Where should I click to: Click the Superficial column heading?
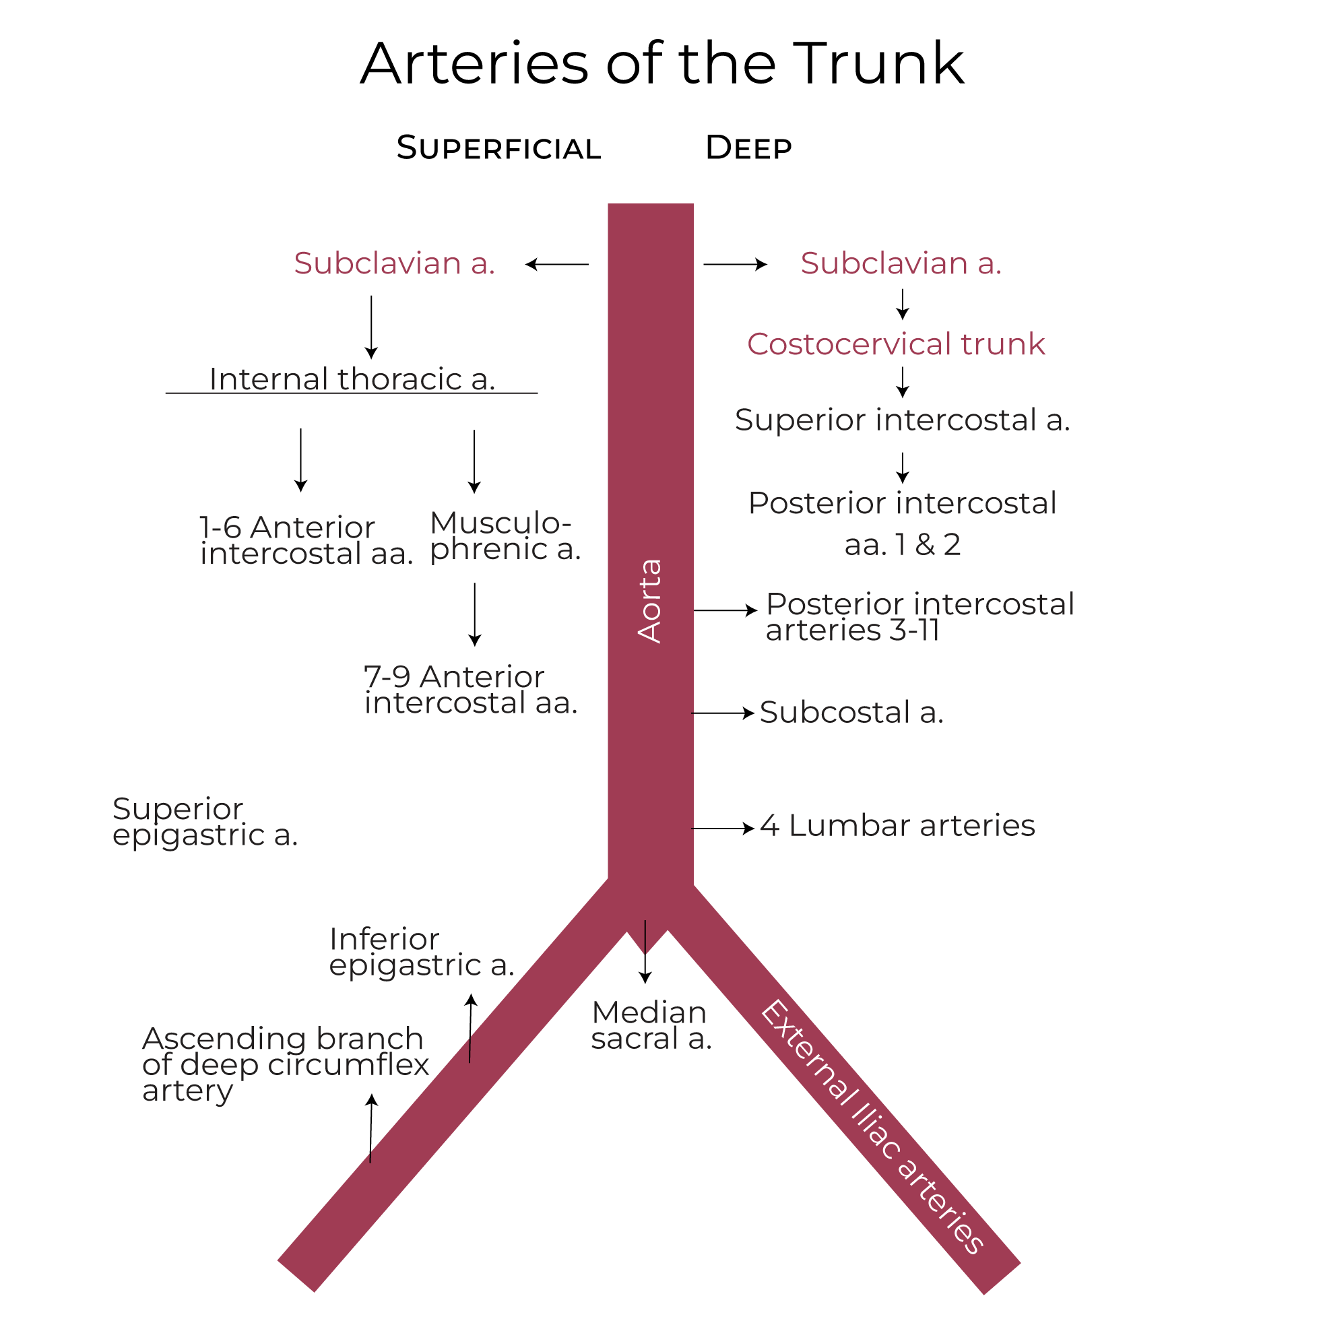tap(498, 148)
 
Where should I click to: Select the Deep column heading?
tap(748, 148)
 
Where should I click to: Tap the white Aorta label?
tap(649, 601)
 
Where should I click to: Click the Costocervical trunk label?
tap(896, 344)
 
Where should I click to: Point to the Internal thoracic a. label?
tap(352, 379)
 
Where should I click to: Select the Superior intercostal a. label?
tap(902, 420)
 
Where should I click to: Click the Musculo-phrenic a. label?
tap(505, 536)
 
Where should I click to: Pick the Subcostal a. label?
tap(851, 713)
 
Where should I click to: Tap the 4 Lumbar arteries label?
tap(897, 826)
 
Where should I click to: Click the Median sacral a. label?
tap(651, 1025)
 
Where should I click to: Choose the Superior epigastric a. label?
tap(204, 822)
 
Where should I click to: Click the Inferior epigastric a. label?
tap(421, 952)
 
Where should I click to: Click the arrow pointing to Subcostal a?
tap(723, 713)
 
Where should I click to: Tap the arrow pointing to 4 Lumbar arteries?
tap(723, 829)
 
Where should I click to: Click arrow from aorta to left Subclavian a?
tap(557, 264)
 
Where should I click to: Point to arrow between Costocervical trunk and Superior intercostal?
tap(903, 382)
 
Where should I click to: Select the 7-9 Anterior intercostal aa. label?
tap(470, 690)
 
